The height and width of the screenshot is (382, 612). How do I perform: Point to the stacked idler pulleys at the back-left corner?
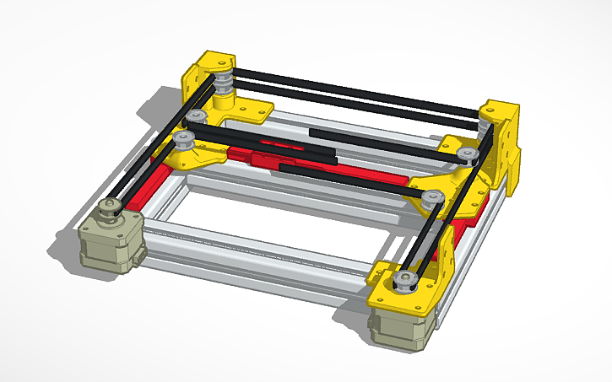tap(224, 84)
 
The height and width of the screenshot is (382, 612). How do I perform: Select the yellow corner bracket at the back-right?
tap(505, 139)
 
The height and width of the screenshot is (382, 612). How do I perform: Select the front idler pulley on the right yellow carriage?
tap(433, 198)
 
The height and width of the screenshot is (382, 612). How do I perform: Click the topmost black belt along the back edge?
tap(355, 93)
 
